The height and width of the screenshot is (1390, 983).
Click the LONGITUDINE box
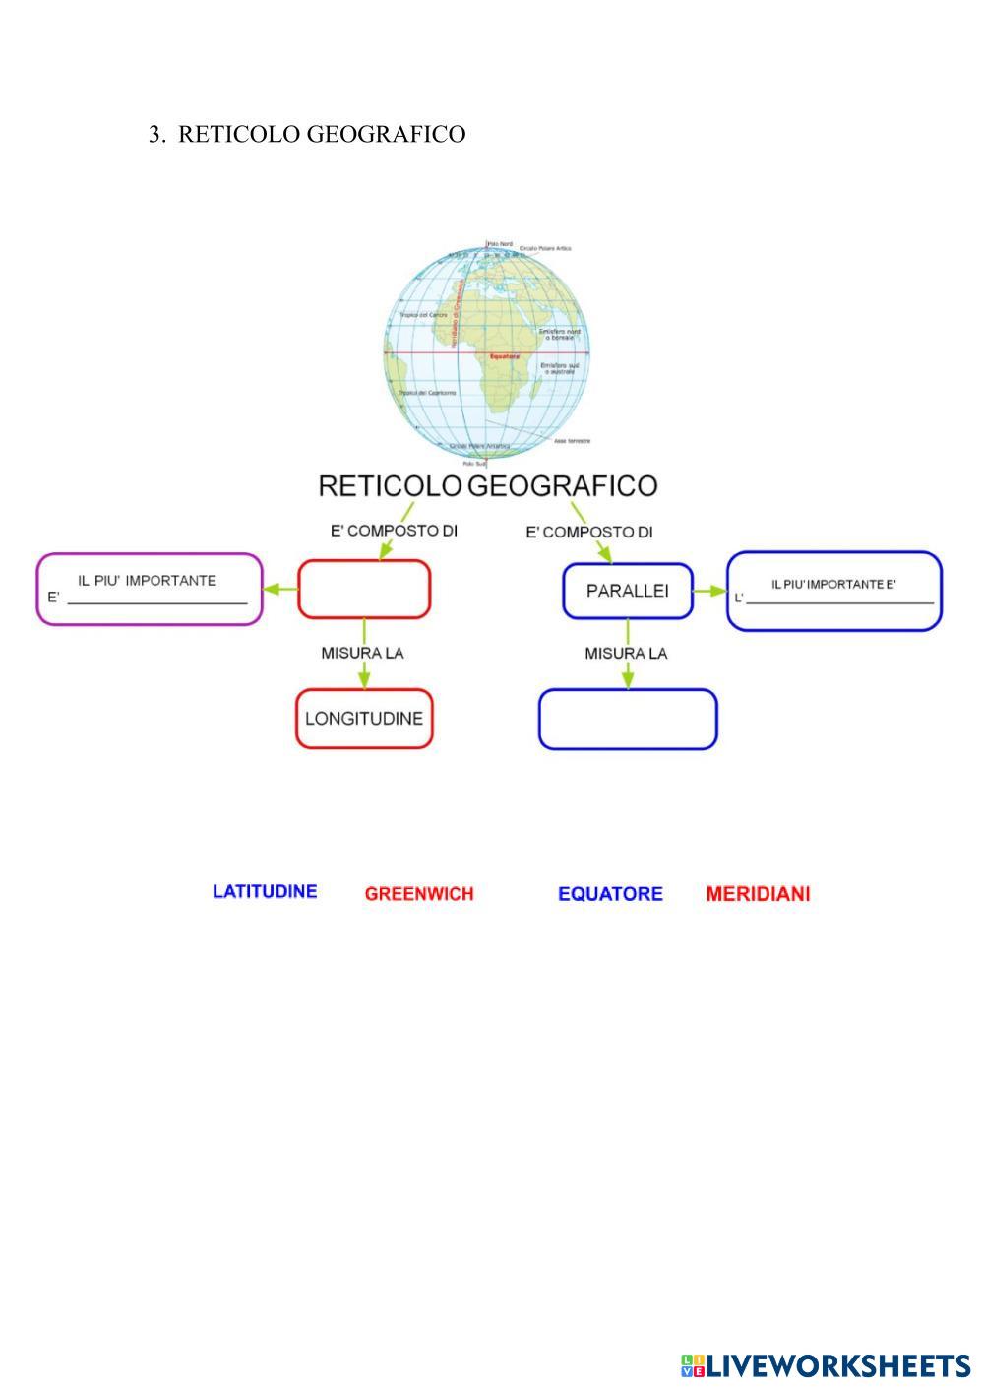click(364, 719)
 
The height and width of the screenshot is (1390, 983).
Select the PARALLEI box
click(627, 592)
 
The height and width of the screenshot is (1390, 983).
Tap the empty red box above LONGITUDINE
click(364, 590)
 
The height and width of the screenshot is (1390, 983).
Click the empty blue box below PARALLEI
click(628, 720)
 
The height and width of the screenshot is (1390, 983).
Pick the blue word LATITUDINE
click(265, 892)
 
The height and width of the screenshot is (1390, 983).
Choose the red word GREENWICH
click(419, 894)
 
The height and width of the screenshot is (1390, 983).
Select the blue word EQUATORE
click(610, 894)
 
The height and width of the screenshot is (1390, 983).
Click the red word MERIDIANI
click(758, 894)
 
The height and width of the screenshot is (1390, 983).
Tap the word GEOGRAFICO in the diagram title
click(562, 486)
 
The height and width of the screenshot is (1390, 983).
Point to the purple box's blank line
click(156, 601)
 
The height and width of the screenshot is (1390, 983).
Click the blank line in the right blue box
click(839, 600)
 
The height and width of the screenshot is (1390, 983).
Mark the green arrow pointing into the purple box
click(281, 590)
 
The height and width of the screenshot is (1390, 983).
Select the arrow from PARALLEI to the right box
click(708, 592)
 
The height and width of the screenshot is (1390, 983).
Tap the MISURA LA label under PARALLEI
click(626, 653)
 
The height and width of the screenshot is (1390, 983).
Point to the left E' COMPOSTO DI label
click(394, 531)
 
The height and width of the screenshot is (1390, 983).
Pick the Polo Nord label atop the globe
click(501, 244)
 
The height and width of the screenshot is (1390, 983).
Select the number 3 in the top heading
click(154, 135)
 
